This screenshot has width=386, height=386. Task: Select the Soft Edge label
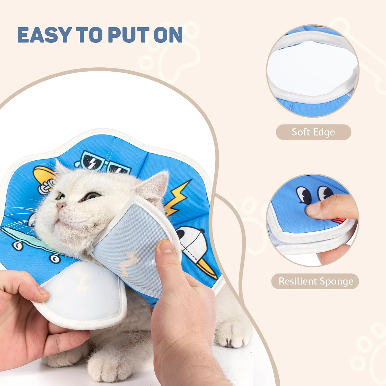(x=313, y=132)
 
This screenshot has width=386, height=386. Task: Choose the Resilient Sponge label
(x=316, y=281)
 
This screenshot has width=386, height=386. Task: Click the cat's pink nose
(x=60, y=206)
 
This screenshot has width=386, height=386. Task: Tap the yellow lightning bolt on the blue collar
(x=178, y=197)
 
